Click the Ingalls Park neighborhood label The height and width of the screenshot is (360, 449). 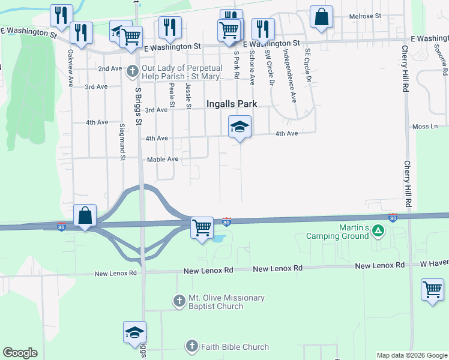pyautogui.click(x=232, y=104)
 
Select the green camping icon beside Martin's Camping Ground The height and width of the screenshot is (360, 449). pyautogui.click(x=378, y=230)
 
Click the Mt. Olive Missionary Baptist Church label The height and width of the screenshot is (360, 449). pyautogui.click(x=218, y=302)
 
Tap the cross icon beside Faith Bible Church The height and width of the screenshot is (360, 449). pyautogui.click(x=191, y=346)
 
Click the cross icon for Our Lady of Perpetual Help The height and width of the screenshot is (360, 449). pyautogui.click(x=133, y=71)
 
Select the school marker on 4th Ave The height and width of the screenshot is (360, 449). pyautogui.click(x=240, y=127)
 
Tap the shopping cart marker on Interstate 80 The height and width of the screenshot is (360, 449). pyautogui.click(x=202, y=227)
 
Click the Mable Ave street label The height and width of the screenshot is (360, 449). pyautogui.click(x=163, y=159)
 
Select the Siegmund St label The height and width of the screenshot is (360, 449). pyautogui.click(x=122, y=142)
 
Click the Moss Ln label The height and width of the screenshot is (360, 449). pyautogui.click(x=425, y=127)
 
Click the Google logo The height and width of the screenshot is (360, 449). pyautogui.click(x=20, y=353)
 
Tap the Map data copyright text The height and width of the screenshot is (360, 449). pyautogui.click(x=412, y=355)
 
